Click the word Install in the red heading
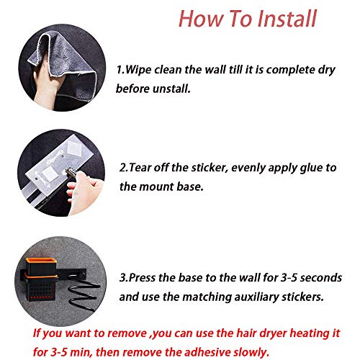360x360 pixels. (x=287, y=19)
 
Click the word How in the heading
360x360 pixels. (x=201, y=19)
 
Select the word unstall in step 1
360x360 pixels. (x=171, y=89)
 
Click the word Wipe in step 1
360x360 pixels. (x=138, y=70)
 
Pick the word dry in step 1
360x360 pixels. (x=326, y=71)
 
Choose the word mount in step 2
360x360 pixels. (x=157, y=186)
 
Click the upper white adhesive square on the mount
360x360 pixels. (x=75, y=147)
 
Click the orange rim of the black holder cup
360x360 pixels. (x=40, y=261)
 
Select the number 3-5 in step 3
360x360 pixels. (x=289, y=278)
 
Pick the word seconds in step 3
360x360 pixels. (x=321, y=278)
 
